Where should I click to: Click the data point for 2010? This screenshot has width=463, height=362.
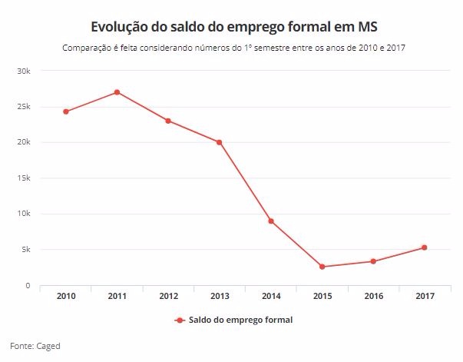coord(66,111)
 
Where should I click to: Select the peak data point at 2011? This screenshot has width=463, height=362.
coord(117,92)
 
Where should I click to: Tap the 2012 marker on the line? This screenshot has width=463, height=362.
coord(168,121)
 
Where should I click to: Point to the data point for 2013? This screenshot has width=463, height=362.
coord(219,142)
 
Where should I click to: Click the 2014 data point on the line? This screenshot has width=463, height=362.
coord(270,221)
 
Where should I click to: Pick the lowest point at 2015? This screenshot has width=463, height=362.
coord(322,267)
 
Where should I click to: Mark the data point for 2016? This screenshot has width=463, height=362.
coord(373,261)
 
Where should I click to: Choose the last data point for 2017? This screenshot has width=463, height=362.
coord(424,247)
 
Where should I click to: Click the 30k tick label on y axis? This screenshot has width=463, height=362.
coord(23,71)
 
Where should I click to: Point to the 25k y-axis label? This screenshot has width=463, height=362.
coord(23,107)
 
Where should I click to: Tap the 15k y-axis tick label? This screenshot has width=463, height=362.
coord(23,178)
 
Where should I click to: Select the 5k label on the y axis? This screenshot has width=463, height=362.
coord(25,250)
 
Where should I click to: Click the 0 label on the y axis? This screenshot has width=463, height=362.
coord(28,286)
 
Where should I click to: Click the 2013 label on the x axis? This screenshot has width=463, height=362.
coord(219,296)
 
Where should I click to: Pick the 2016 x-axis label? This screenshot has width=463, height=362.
coord(373,296)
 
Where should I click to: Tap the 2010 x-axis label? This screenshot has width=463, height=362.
coord(66,296)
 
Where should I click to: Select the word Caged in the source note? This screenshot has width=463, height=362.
coord(48,346)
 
